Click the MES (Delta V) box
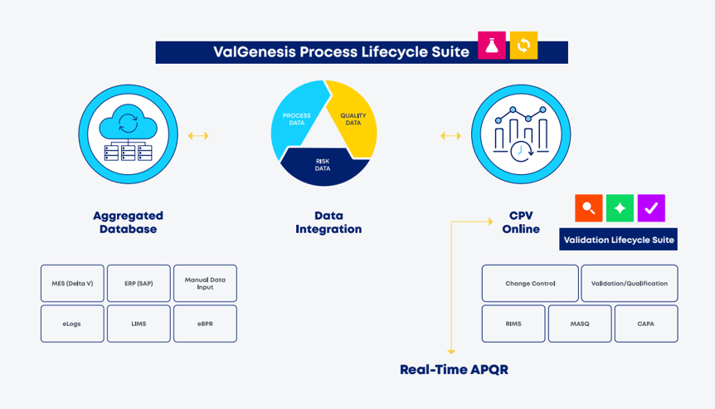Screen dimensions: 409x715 (x=72, y=283)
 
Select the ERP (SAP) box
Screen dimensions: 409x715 (x=139, y=283)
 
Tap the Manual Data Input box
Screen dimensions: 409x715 (x=205, y=283)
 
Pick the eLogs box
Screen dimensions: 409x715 (x=72, y=324)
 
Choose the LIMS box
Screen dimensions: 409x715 (x=139, y=324)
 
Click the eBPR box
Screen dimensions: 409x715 (x=205, y=324)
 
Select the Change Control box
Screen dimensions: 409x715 (x=530, y=283)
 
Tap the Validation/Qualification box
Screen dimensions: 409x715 (x=629, y=283)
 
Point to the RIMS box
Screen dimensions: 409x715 (x=513, y=324)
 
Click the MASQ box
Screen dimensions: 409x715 (x=580, y=324)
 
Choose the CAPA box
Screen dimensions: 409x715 (x=645, y=324)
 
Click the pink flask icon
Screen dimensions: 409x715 (x=492, y=46)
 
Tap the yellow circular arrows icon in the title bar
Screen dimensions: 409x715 (x=523, y=46)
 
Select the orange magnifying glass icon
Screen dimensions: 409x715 (x=588, y=208)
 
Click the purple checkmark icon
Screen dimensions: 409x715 (x=651, y=208)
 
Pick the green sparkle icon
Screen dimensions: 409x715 (x=620, y=208)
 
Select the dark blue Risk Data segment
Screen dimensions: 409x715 (x=323, y=165)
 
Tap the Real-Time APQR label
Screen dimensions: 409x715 (x=454, y=370)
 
